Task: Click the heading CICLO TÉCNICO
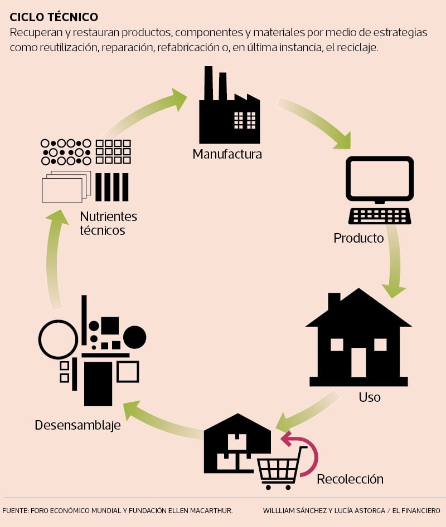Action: coord(54,17)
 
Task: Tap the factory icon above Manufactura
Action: coord(229,111)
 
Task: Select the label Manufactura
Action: coord(227,154)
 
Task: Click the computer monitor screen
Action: coord(380,178)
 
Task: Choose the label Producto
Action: coord(358,238)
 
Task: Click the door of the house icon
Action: coord(358,362)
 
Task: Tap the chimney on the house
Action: coord(334,302)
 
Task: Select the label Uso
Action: coord(370,397)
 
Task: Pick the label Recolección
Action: coord(350,479)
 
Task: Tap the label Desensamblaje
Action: coord(77,425)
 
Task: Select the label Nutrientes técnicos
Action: coord(108,223)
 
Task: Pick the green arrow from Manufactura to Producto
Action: coord(315,124)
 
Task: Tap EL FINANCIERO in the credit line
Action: coord(416,510)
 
